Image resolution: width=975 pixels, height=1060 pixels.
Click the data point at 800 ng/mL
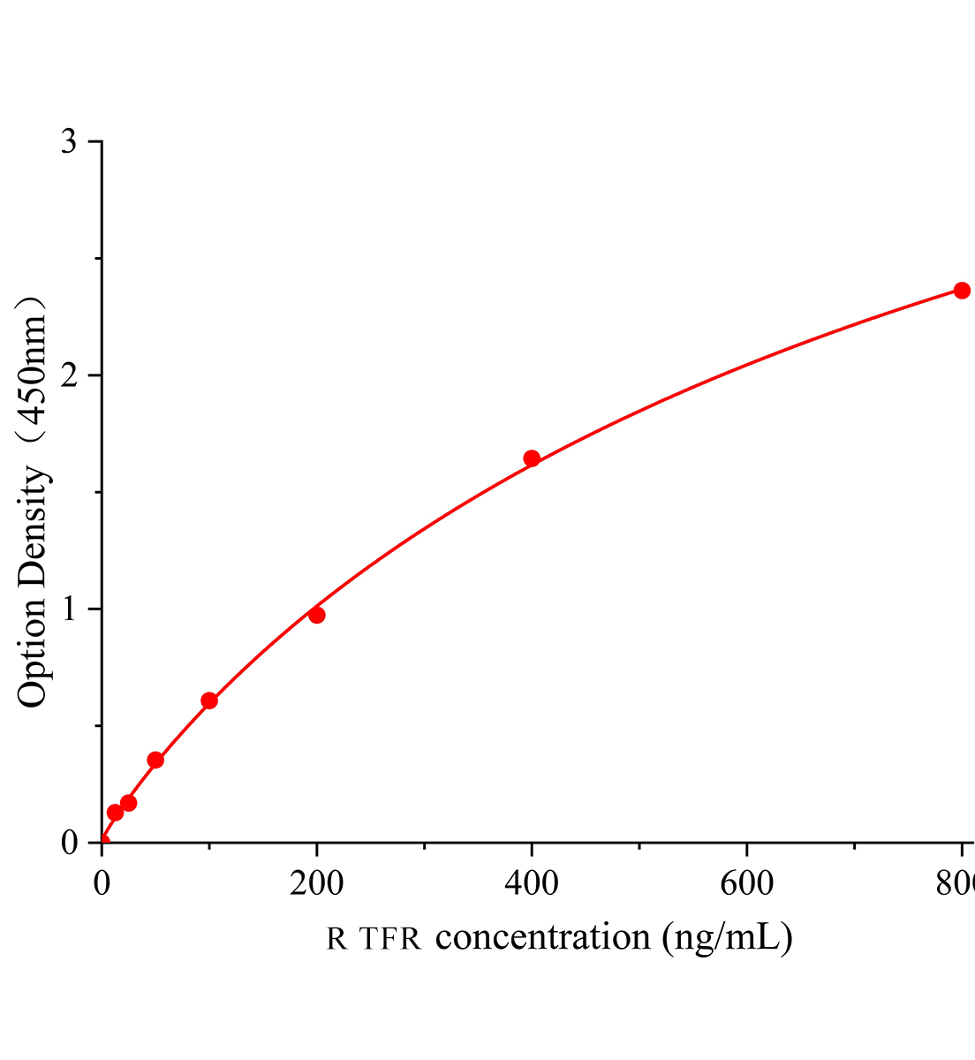[962, 291]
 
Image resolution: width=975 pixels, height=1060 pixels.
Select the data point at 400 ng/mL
[532, 458]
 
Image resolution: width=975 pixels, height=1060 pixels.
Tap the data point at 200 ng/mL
[317, 615]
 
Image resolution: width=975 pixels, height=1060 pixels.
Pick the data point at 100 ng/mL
[209, 700]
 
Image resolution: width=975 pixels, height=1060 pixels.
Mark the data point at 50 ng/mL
[155, 760]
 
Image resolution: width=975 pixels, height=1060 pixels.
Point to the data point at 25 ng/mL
[129, 803]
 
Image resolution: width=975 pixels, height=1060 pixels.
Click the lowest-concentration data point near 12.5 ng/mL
[115, 813]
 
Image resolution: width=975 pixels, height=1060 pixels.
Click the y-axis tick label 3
[70, 142]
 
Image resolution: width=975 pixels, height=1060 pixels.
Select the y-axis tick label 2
[70, 375]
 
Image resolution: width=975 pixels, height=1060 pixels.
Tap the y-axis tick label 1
[70, 609]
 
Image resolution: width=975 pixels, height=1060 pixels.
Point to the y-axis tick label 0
[70, 843]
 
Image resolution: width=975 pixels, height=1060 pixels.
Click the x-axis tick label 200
[316, 883]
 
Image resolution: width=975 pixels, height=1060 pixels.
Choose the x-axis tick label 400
[532, 883]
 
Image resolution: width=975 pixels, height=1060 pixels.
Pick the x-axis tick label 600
[746, 883]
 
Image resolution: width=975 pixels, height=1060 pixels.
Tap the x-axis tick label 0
[102, 883]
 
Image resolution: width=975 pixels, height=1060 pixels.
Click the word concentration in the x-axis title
[543, 936]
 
